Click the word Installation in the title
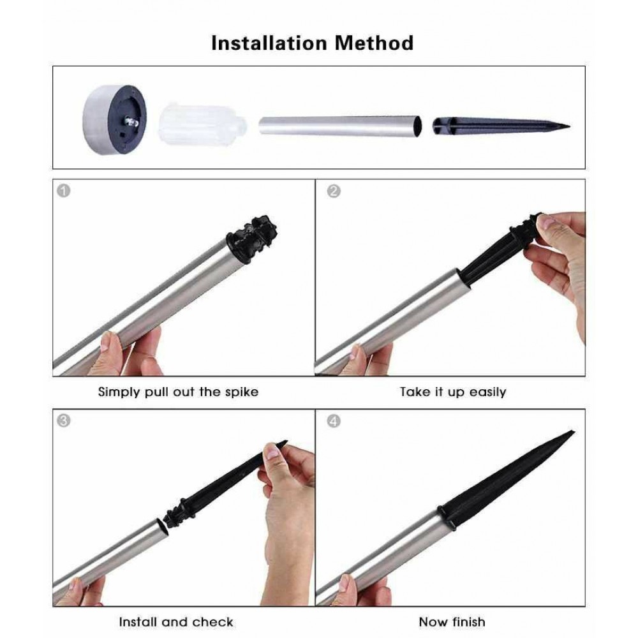click(x=269, y=43)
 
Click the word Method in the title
click(x=374, y=43)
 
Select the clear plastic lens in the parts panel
click(x=202, y=124)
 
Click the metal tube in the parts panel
click(x=340, y=126)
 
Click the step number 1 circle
click(x=63, y=191)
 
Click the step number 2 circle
click(x=334, y=191)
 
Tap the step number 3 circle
click(x=63, y=420)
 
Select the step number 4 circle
click(x=334, y=421)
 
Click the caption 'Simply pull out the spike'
click(x=178, y=392)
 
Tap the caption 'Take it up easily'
click(x=453, y=392)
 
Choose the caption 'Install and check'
click(x=176, y=621)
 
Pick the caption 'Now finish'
click(x=452, y=621)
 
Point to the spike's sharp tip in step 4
click(x=573, y=432)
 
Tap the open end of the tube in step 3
click(x=163, y=529)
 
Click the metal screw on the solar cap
click(x=131, y=121)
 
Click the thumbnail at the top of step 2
click(x=547, y=223)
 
